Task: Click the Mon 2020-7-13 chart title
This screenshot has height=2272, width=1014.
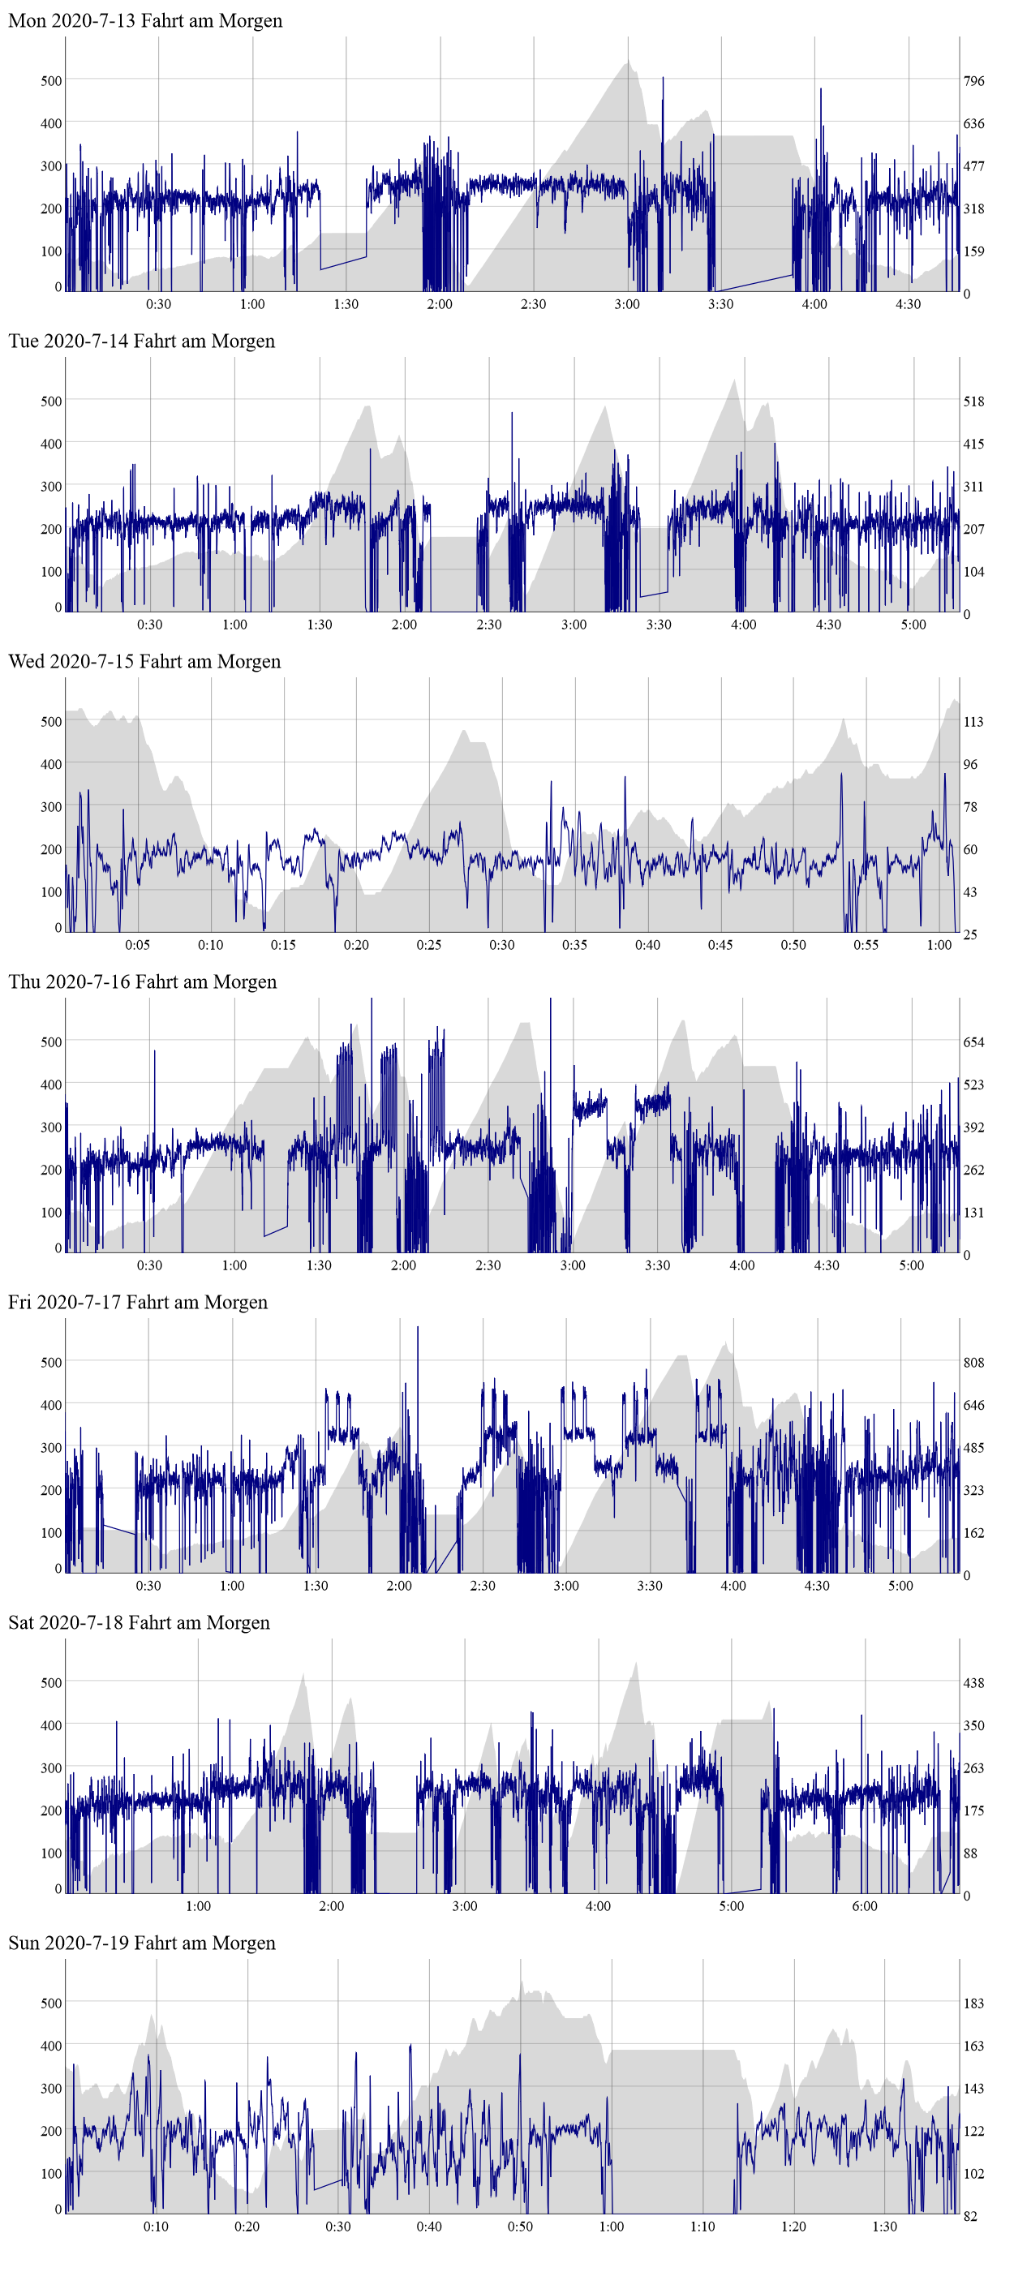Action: [x=145, y=20]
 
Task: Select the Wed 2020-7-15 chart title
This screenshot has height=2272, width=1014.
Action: [x=144, y=662]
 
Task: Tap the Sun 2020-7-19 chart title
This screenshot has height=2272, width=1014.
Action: [x=142, y=1943]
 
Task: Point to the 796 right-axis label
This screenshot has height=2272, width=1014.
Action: [x=973, y=81]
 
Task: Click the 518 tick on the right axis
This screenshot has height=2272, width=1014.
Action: [x=973, y=402]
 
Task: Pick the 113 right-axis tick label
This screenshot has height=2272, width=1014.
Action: [x=973, y=721]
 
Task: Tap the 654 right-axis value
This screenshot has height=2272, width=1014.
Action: [x=973, y=1042]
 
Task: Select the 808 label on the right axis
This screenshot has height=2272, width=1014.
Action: [x=973, y=1362]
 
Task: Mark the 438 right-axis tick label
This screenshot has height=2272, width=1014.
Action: [x=973, y=1683]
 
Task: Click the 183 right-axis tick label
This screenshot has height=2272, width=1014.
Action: [x=973, y=2003]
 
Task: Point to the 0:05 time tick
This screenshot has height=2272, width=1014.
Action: [x=138, y=945]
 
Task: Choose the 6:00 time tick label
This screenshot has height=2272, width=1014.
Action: [x=865, y=1906]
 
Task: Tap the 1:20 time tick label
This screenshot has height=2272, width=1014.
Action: [x=793, y=2226]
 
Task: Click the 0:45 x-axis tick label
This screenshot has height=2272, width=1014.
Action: [x=720, y=945]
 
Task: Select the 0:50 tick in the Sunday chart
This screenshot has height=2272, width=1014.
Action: [x=520, y=2226]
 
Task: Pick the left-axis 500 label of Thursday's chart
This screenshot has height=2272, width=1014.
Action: [x=51, y=1042]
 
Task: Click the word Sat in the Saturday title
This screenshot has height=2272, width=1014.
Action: [x=23, y=1623]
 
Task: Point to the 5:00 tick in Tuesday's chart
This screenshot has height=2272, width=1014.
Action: [x=913, y=625]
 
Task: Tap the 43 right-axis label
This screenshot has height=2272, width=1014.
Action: [x=970, y=891]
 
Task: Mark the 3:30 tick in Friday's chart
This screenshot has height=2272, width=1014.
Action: [x=650, y=1585]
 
